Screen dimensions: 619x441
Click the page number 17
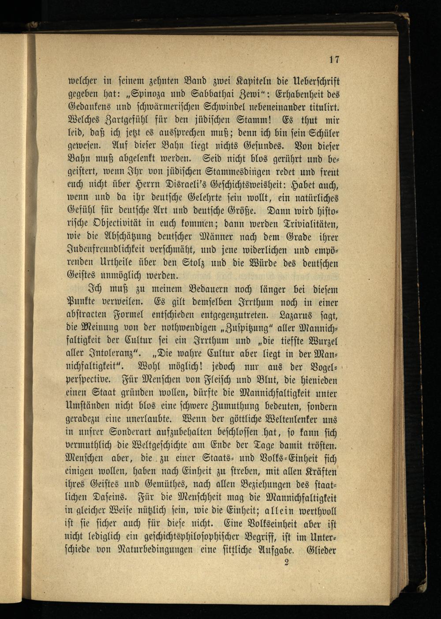click(x=334, y=60)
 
